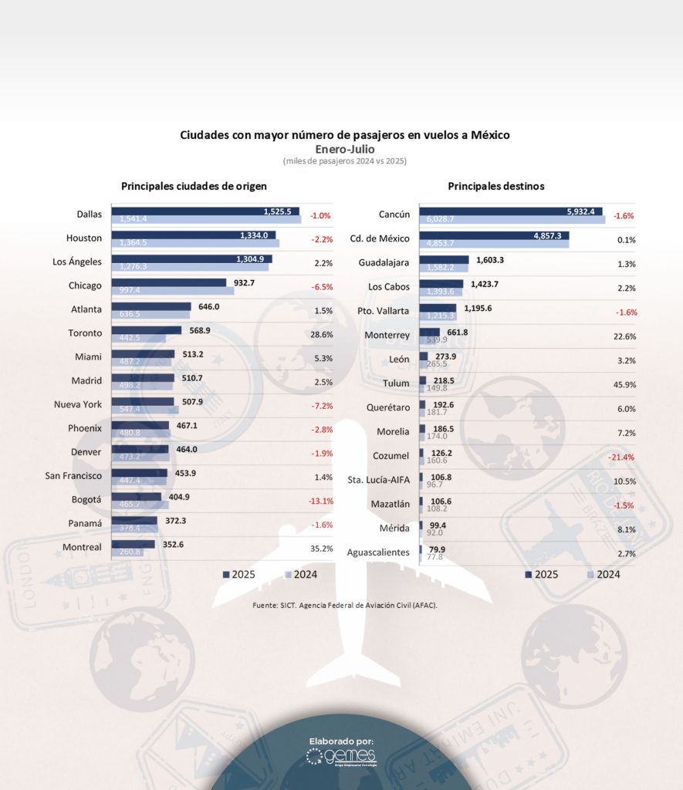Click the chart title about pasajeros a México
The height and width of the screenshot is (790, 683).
click(x=344, y=135)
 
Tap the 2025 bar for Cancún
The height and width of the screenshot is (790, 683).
click(x=502, y=211)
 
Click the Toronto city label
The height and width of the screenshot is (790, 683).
click(x=85, y=333)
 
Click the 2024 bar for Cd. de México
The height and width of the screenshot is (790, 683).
click(x=494, y=245)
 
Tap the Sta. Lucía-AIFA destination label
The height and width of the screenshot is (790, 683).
click(x=379, y=481)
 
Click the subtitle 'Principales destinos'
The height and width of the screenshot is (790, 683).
click(x=495, y=186)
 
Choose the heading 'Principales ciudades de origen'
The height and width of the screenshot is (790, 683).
click(x=194, y=186)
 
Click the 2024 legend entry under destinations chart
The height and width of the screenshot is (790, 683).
click(x=603, y=574)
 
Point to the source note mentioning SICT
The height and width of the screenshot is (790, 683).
click(x=345, y=606)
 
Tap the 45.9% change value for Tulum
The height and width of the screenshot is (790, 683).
click(x=626, y=384)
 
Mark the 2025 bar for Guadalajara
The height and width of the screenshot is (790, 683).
click(x=444, y=260)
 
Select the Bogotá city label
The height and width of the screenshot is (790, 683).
click(x=87, y=500)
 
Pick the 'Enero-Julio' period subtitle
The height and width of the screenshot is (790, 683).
click(x=344, y=149)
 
